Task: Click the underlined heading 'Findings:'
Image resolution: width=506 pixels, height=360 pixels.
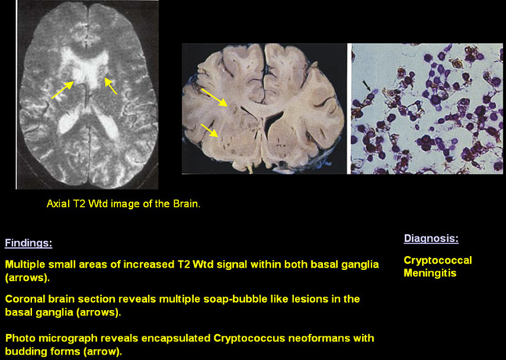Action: click(28, 243)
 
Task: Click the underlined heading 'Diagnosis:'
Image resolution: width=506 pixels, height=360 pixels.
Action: click(431, 238)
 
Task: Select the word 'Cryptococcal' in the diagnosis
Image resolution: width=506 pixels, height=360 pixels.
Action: click(438, 261)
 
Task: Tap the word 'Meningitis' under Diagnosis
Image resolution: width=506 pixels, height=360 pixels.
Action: click(430, 273)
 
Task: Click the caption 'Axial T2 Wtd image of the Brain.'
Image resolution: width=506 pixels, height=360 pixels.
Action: click(124, 203)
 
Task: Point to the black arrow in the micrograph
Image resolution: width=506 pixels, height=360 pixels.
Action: click(366, 85)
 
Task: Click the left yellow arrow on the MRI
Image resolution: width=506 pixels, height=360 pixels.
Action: click(63, 90)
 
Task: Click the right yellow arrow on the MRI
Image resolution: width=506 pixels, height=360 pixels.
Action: click(110, 86)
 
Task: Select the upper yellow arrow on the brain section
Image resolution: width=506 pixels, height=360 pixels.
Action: click(214, 97)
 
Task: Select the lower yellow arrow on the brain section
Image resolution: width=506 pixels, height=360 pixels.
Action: click(210, 130)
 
